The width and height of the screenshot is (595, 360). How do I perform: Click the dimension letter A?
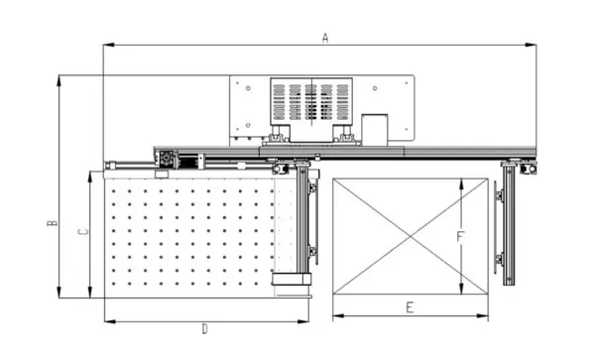pos(325,38)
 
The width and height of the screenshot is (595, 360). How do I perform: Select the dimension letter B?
pos(53,223)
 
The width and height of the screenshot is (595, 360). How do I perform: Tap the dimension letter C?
pos(83,232)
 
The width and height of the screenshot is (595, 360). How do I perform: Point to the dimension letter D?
pos(205,329)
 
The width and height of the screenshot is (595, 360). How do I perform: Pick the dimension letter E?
pos(410,307)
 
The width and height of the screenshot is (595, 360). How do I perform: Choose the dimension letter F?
pos(459,237)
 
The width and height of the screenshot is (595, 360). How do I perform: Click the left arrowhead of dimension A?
pos(108,45)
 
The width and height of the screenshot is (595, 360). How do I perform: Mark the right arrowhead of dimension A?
pos(531,45)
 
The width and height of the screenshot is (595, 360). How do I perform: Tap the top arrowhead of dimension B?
pos(59,80)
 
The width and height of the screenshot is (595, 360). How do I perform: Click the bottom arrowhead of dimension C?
pos(90,293)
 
